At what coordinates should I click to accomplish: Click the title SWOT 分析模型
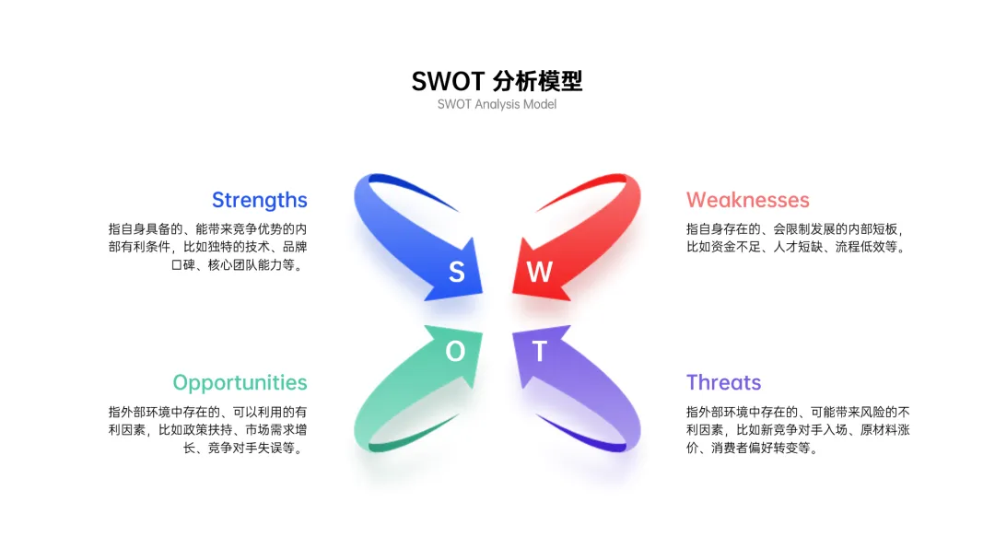[497, 80]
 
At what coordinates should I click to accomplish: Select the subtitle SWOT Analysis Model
[497, 104]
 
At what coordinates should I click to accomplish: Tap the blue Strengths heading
[259, 200]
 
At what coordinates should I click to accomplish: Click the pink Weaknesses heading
[747, 200]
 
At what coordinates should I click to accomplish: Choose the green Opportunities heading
[240, 382]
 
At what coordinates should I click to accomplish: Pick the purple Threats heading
[723, 382]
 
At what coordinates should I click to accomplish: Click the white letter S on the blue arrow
[456, 271]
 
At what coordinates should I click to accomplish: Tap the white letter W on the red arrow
[539, 271]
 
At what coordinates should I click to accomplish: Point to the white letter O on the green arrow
[455, 350]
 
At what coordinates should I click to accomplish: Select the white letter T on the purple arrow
[539, 351]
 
